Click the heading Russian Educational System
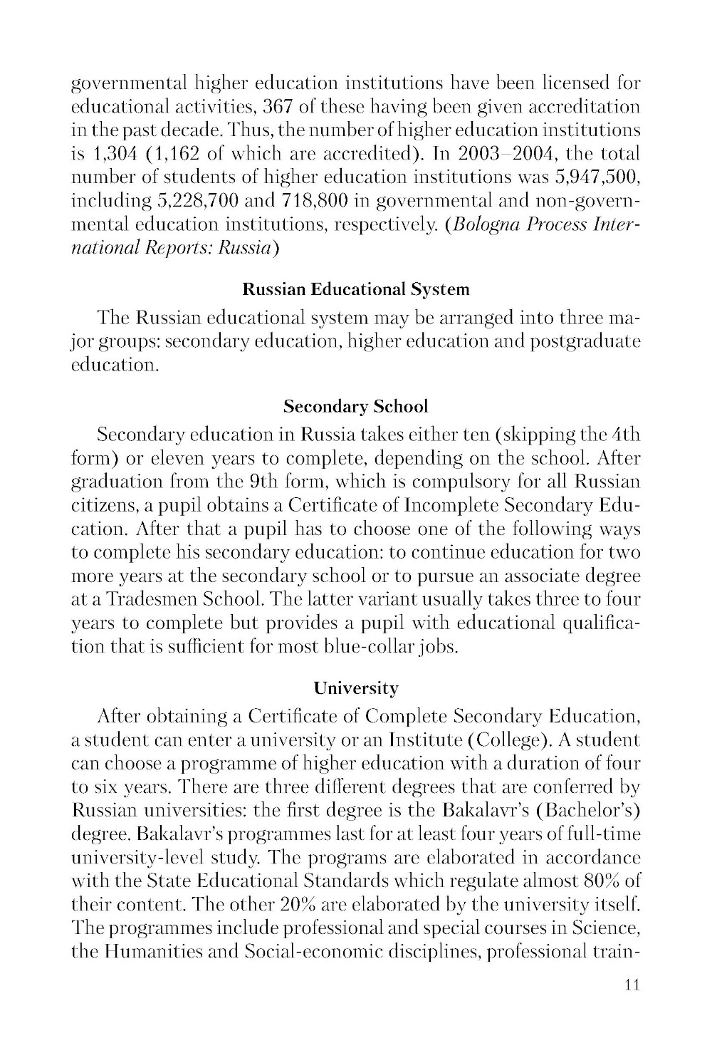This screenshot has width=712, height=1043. (x=356, y=290)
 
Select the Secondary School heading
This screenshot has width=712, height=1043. (x=356, y=407)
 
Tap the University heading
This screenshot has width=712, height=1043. (x=356, y=688)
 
